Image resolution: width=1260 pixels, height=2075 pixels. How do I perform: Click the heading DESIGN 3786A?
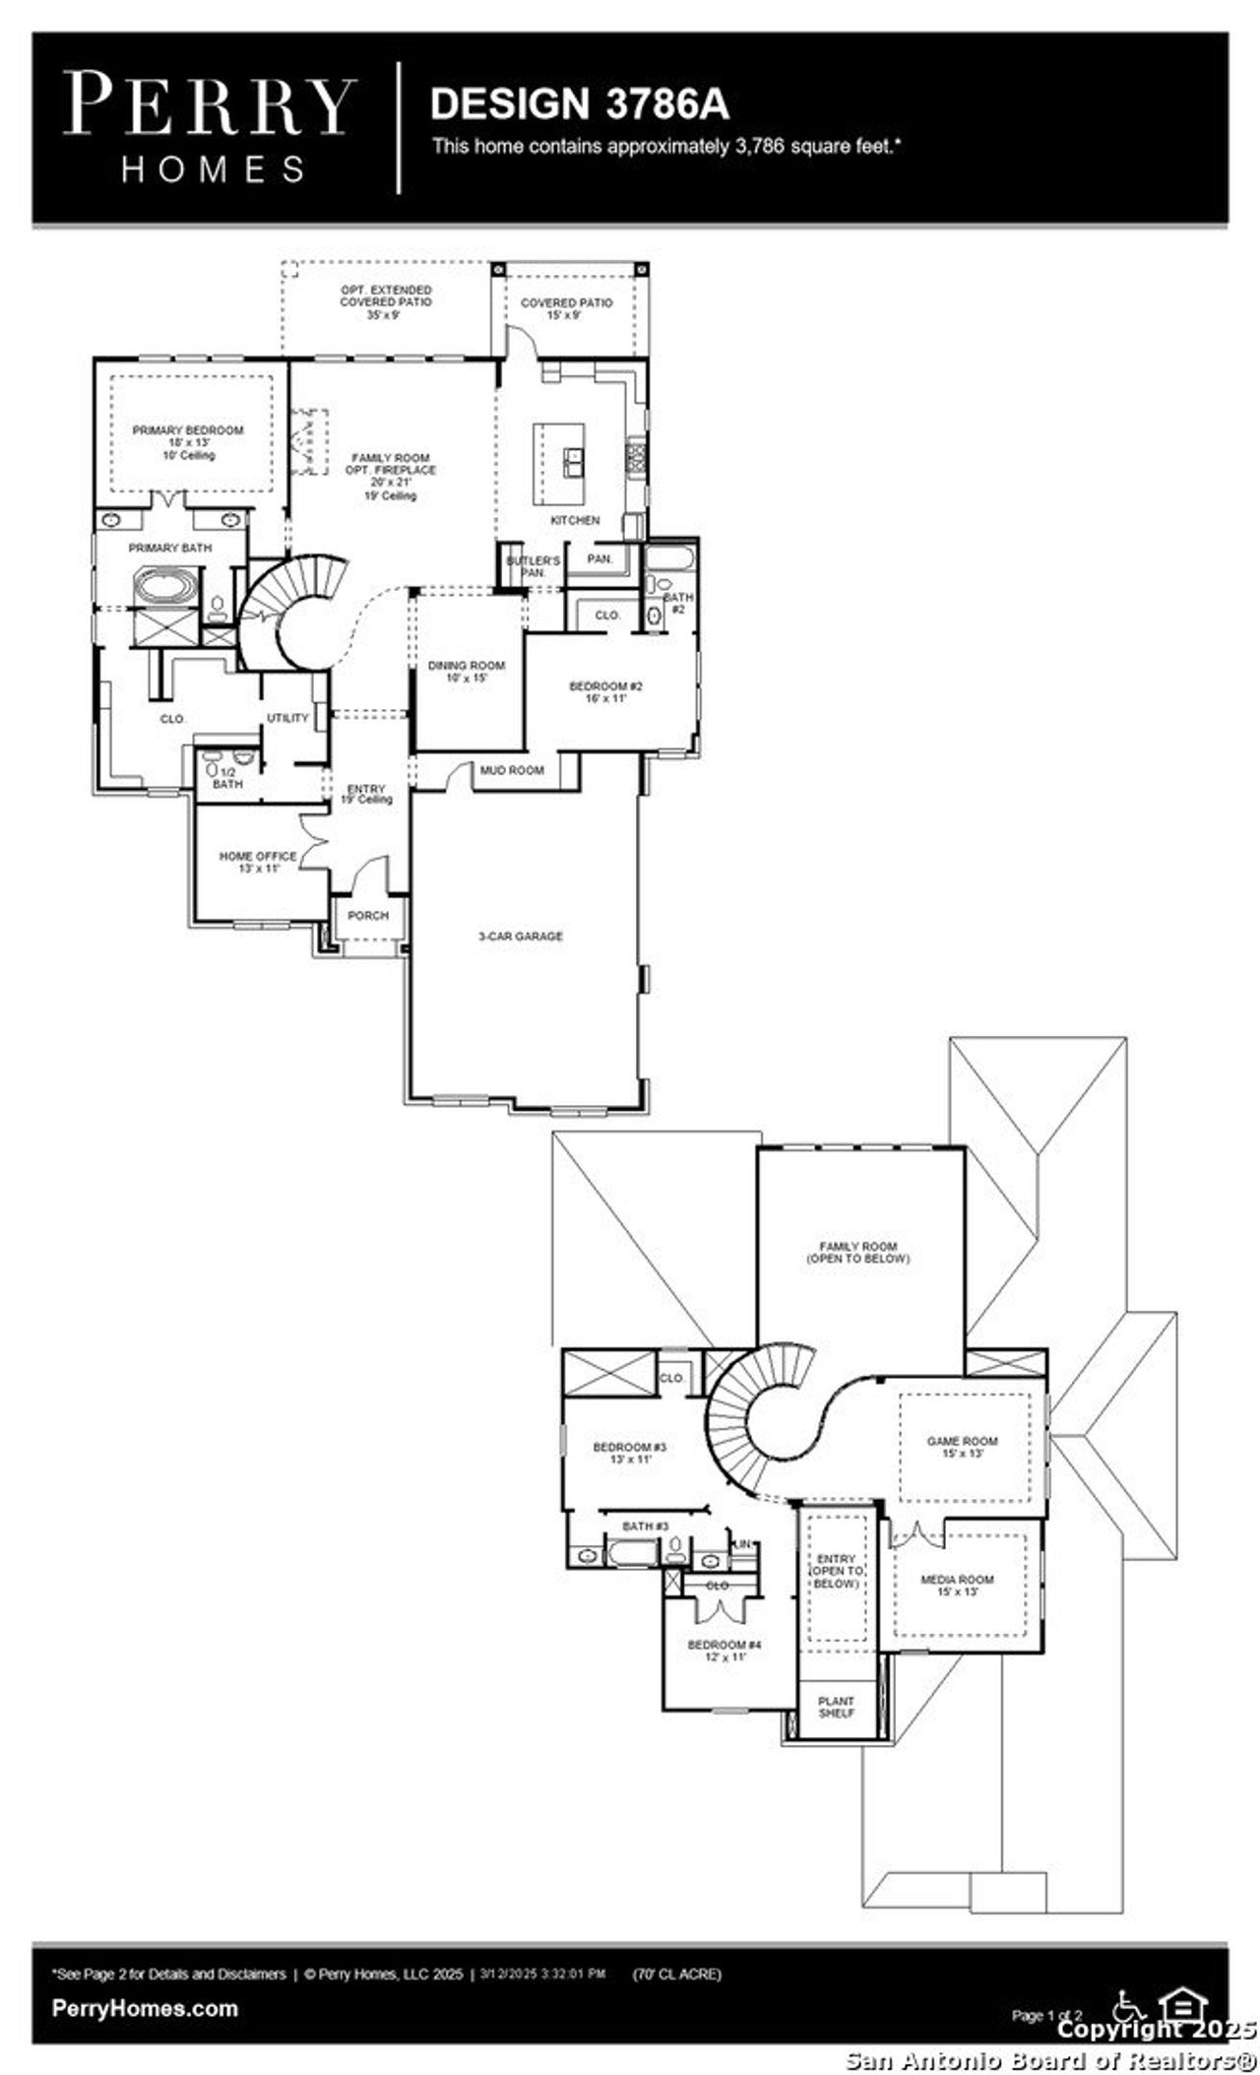pyautogui.click(x=579, y=103)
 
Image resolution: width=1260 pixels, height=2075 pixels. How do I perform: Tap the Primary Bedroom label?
pyautogui.click(x=188, y=442)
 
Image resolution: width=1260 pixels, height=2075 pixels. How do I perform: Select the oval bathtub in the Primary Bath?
pyautogui.click(x=165, y=588)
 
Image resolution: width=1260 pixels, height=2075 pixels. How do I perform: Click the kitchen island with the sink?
pyautogui.click(x=559, y=463)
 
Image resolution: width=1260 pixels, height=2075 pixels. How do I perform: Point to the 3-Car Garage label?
pyautogui.click(x=521, y=937)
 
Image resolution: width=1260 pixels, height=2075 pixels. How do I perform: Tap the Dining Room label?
pyautogui.click(x=466, y=672)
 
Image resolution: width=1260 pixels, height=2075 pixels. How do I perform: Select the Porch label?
pyautogui.click(x=369, y=915)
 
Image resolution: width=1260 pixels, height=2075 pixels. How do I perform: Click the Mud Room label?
pyautogui.click(x=512, y=770)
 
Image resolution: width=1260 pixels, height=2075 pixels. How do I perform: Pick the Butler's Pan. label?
pyautogui.click(x=533, y=566)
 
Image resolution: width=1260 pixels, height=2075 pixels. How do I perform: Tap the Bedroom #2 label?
pyautogui.click(x=605, y=691)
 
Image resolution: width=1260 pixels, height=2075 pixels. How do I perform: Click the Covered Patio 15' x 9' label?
pyautogui.click(x=566, y=308)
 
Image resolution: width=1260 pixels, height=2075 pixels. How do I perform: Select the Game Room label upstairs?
pyautogui.click(x=962, y=1447)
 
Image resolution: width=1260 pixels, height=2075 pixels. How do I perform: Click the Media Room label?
pyautogui.click(x=957, y=1585)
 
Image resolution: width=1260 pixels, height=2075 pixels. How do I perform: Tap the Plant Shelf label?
pyautogui.click(x=836, y=1707)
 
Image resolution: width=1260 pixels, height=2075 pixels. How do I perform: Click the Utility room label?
pyautogui.click(x=287, y=718)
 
